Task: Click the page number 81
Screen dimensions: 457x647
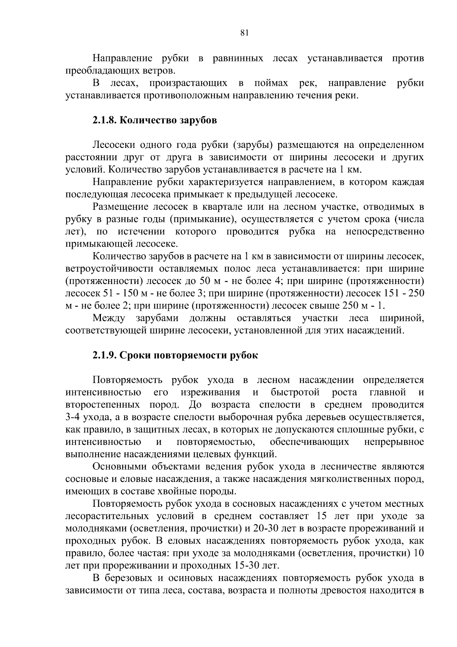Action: coord(244,33)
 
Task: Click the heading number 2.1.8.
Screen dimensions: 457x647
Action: coord(104,120)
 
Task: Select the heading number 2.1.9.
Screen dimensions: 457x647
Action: coord(104,355)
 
